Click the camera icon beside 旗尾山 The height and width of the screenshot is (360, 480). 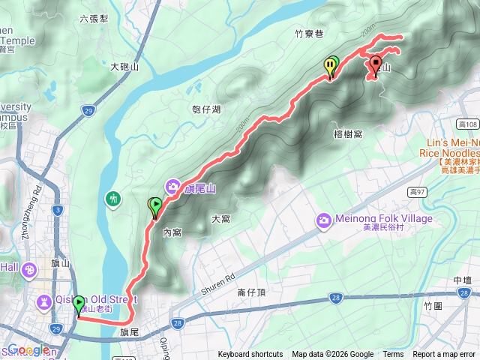[x=172, y=187]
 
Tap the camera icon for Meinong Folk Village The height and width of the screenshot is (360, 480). [x=324, y=220]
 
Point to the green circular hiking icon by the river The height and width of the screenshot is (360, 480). [x=113, y=199]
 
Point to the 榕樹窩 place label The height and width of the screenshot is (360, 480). [x=347, y=133]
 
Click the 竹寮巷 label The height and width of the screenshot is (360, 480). [x=308, y=33]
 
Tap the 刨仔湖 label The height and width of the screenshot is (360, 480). [x=206, y=109]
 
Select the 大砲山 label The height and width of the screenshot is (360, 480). [x=124, y=67]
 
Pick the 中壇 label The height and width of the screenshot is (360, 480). [x=463, y=280]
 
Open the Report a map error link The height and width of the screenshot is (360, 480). [x=444, y=355]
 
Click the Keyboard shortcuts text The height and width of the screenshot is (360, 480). [x=250, y=355]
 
